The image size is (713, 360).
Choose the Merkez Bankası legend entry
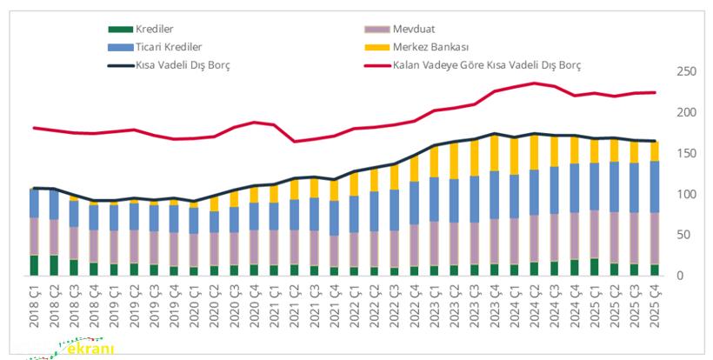[431, 46]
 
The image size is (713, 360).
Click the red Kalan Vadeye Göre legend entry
[486, 64]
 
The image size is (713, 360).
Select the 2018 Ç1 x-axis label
[34, 305]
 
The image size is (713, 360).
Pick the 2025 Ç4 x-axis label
[654, 305]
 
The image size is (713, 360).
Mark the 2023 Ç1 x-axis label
[433, 305]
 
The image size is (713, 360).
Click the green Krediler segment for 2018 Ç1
[34, 265]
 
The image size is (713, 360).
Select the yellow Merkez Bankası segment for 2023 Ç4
[494, 152]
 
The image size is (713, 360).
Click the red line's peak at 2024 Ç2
[534, 83]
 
